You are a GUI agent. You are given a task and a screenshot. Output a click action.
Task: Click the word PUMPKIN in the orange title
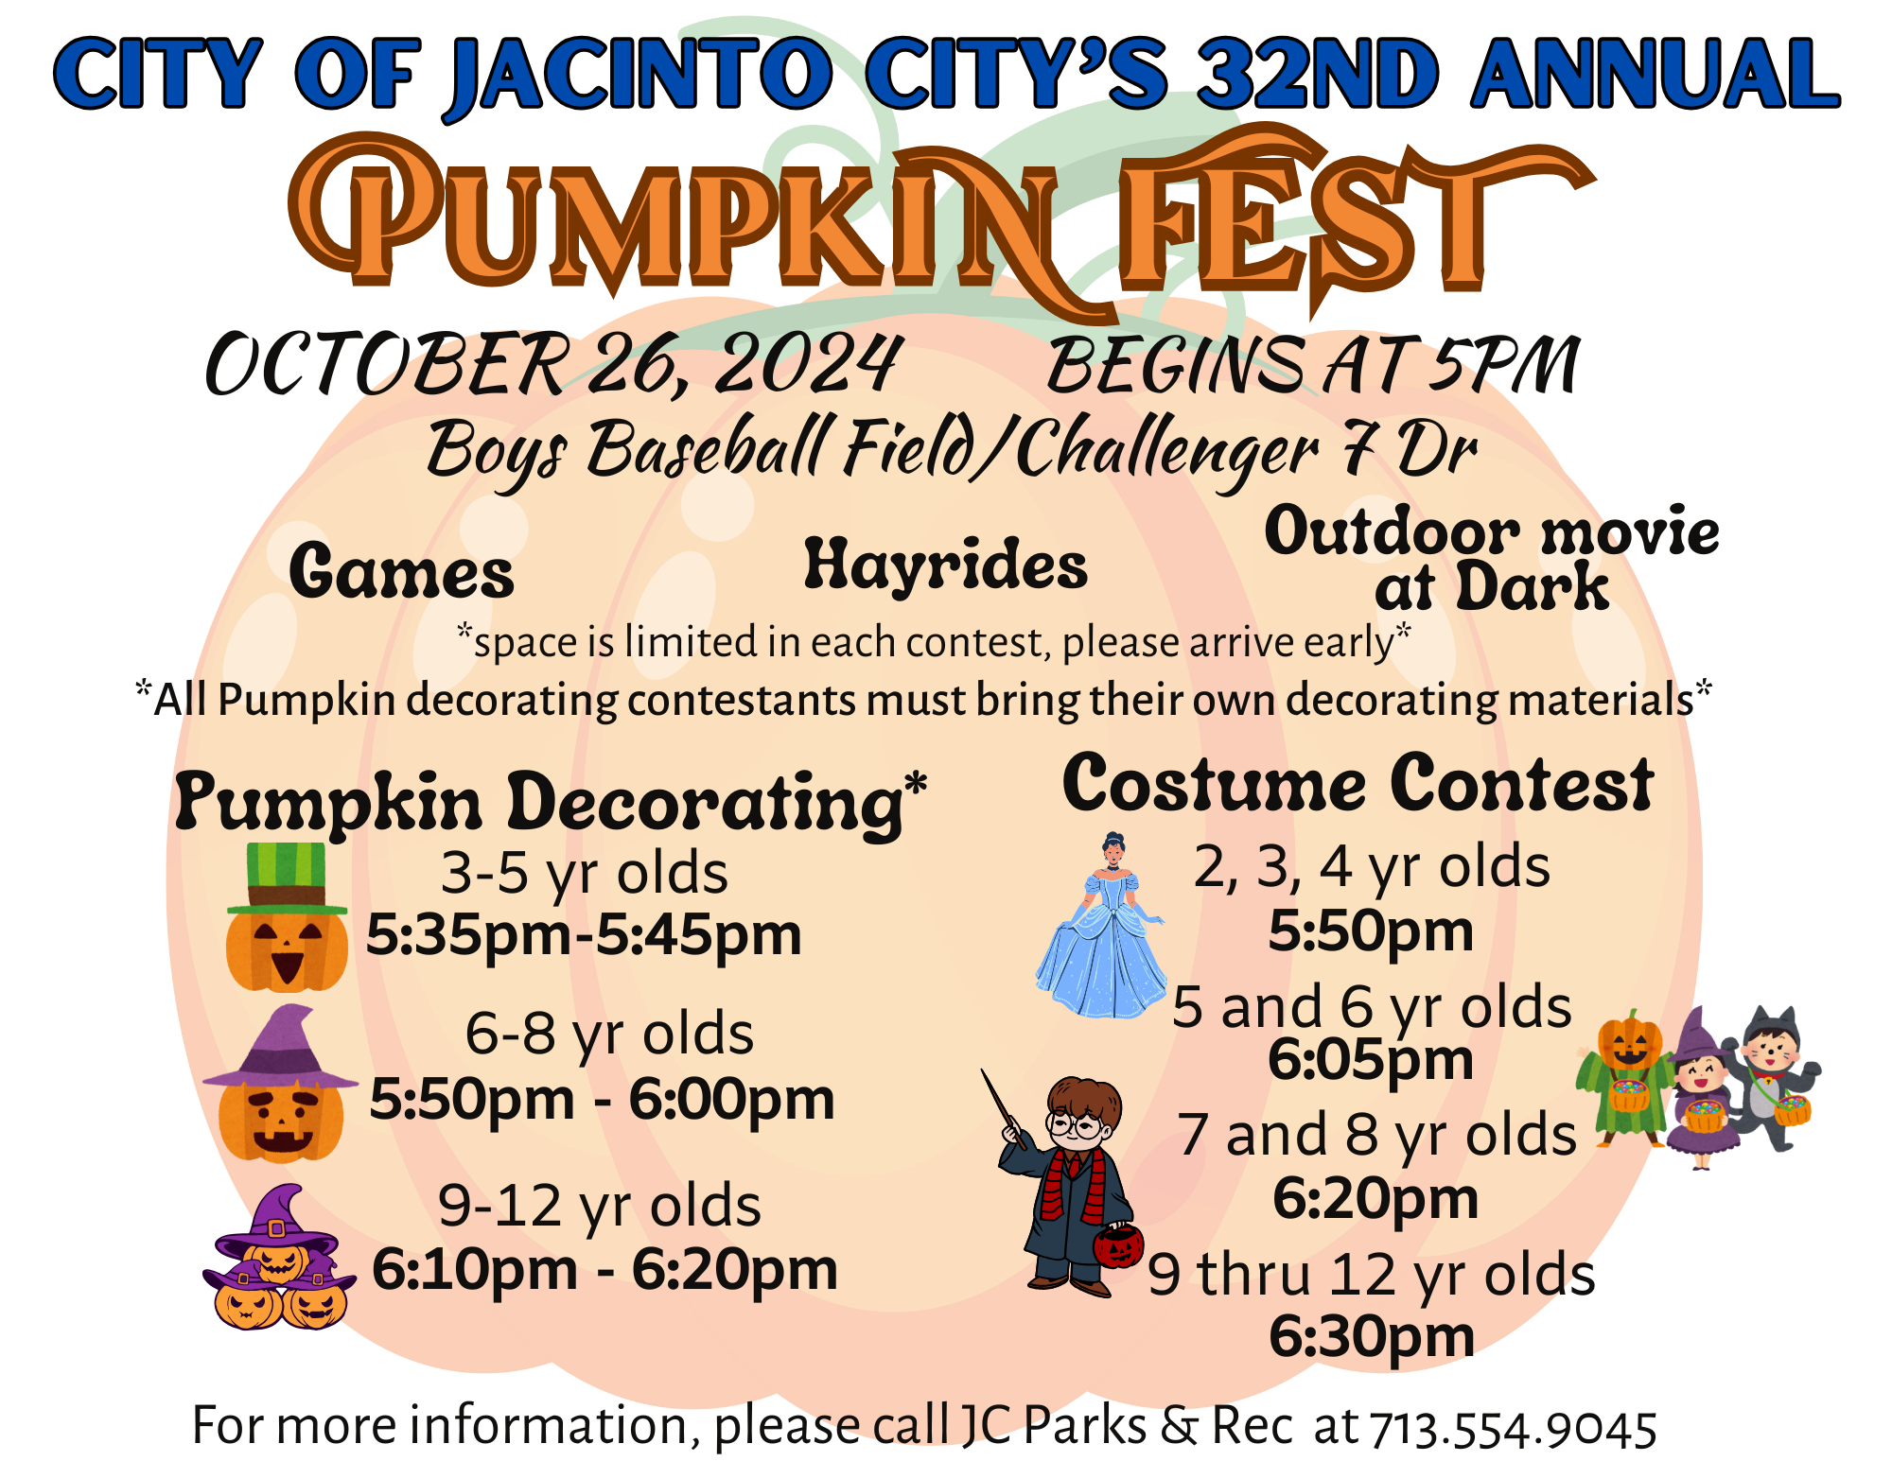[x=691, y=222]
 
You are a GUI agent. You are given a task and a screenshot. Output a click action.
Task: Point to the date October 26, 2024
[x=552, y=364]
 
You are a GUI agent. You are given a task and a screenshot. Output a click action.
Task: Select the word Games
[x=402, y=571]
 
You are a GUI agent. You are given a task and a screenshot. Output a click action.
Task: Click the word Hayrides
[x=946, y=565]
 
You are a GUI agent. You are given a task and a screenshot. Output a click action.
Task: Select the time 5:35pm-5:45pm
[x=584, y=935]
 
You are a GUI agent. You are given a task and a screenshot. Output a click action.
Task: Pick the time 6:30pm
[x=1372, y=1336]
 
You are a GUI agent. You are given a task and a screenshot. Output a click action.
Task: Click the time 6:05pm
[x=1371, y=1059]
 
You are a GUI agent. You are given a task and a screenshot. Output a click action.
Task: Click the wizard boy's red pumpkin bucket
[x=1118, y=1246]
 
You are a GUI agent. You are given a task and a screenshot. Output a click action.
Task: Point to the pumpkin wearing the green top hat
[x=287, y=917]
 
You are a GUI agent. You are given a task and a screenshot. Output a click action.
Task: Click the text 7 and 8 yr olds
[x=1376, y=1135]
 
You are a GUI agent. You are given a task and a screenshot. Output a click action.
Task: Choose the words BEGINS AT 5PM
[x=1313, y=365]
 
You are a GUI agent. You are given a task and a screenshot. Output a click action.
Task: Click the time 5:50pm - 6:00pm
[x=602, y=1099]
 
